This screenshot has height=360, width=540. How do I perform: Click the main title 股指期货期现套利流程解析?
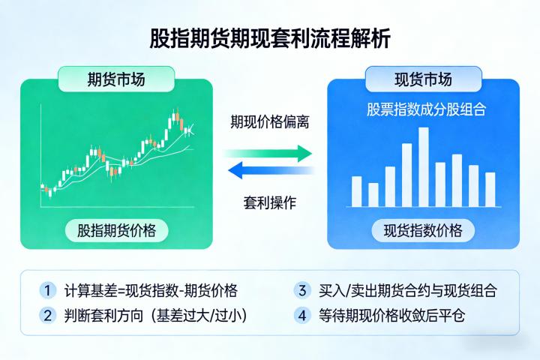[x=270, y=39]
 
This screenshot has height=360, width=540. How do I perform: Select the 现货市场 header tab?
[x=423, y=79]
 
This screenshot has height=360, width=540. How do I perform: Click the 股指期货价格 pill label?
[x=117, y=229]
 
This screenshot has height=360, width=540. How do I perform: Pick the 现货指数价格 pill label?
[x=423, y=229]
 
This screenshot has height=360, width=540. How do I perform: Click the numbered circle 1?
[x=49, y=290]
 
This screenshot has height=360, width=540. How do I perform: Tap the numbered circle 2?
[x=49, y=315]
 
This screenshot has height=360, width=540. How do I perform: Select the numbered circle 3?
[x=303, y=290]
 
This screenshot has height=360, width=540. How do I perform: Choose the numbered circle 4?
[x=303, y=315]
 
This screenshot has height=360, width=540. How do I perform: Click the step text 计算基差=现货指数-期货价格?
[x=151, y=291]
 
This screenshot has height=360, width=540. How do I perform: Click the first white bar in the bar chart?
[x=357, y=191]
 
